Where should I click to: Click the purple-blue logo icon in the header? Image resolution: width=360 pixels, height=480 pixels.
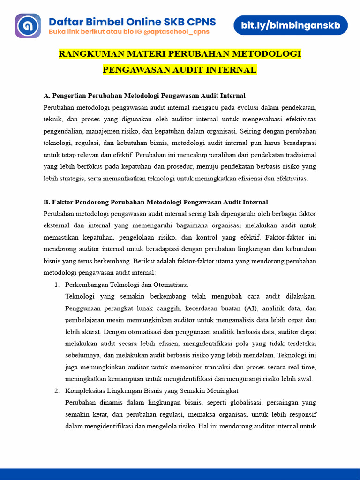28,26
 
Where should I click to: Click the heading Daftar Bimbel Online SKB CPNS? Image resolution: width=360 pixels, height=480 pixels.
133,22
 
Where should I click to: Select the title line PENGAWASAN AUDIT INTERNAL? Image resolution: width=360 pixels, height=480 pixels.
180,70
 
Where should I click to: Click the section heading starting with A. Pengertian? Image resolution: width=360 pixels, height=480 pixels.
144,96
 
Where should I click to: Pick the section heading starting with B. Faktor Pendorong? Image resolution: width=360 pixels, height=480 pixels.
156,202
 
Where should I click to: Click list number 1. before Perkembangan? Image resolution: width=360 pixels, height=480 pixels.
57,285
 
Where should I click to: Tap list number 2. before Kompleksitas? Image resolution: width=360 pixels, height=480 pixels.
57,390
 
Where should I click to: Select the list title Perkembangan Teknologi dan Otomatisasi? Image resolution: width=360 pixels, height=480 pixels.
127,285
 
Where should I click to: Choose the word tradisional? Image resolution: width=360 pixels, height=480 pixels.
297,155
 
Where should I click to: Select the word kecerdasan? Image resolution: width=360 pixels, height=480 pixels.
202,308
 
